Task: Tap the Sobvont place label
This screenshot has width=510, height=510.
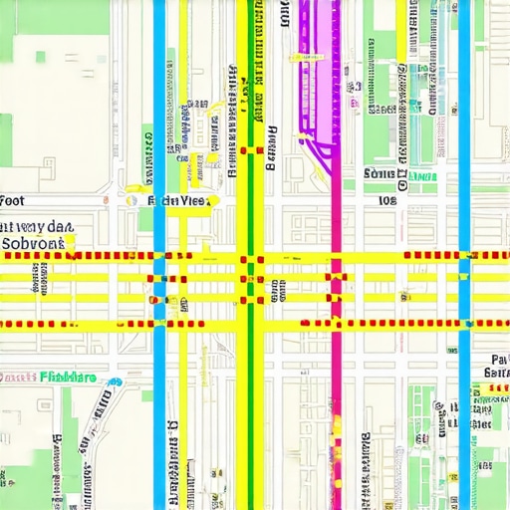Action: coord(32,242)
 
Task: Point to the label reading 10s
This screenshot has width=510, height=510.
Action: coord(387,200)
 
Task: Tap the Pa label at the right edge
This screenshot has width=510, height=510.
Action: coord(499,359)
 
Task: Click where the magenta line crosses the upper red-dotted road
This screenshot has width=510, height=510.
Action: coord(336,256)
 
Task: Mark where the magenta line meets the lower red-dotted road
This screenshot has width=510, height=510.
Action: coord(336,325)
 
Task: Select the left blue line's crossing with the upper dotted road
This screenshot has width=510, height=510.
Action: coord(159,256)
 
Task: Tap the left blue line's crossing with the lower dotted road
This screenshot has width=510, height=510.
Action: coord(159,325)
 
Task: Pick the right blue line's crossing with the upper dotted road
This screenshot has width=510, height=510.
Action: coord(464,256)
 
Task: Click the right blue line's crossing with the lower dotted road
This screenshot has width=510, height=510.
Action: coord(464,325)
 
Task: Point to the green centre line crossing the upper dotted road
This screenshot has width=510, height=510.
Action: coord(250,256)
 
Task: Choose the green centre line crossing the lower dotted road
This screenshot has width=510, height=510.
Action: coord(250,325)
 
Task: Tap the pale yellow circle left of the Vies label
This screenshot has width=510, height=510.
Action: coord(129,199)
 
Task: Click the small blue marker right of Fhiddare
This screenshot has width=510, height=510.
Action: coord(118,382)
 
